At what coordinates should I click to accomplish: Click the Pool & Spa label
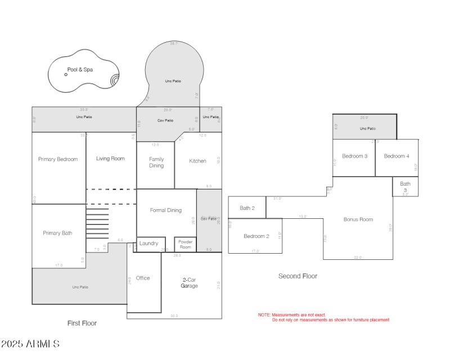click(x=80, y=70)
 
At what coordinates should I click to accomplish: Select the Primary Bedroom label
click(x=58, y=159)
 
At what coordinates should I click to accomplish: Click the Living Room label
click(x=110, y=159)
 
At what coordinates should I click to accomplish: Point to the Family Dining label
click(x=156, y=163)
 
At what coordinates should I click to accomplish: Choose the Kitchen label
click(x=197, y=161)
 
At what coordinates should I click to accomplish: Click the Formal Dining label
click(x=166, y=210)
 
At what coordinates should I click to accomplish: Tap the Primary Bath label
click(x=58, y=233)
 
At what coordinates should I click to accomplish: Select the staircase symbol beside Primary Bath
click(x=97, y=223)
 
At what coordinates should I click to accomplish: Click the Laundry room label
click(x=149, y=244)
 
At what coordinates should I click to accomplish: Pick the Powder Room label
click(x=185, y=244)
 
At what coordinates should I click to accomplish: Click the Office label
click(x=143, y=278)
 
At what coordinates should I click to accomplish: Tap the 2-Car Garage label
click(x=189, y=282)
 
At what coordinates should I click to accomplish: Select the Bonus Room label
click(x=358, y=219)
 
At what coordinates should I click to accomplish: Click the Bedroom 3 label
click(x=355, y=156)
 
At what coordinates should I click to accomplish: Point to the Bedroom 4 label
click(x=397, y=156)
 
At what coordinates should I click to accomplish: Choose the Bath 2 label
click(x=247, y=208)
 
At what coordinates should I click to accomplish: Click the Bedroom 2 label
click(x=256, y=236)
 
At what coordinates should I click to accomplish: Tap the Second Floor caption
click(x=298, y=276)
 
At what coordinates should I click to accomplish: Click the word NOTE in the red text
click(x=264, y=315)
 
